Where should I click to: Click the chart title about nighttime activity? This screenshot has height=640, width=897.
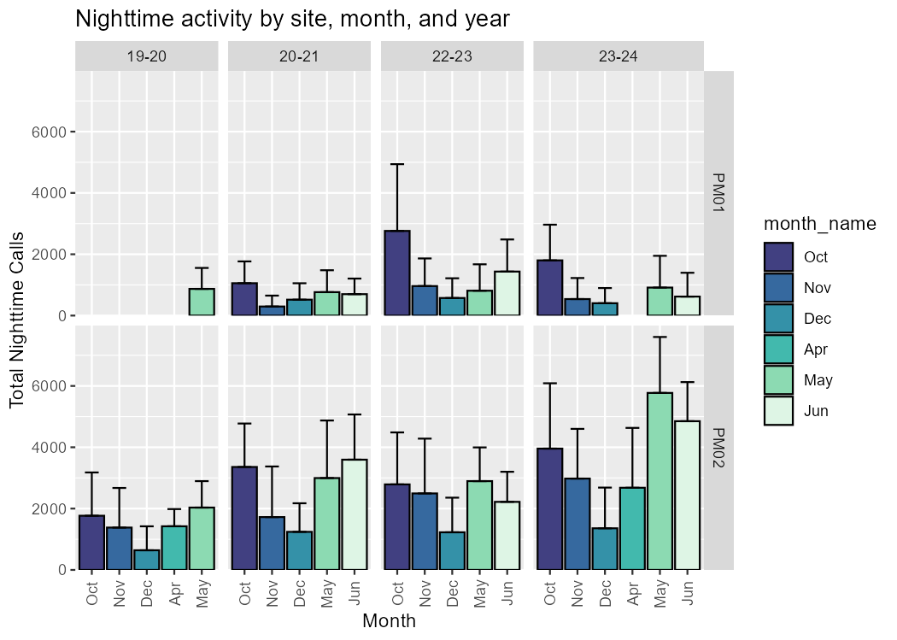[292, 19]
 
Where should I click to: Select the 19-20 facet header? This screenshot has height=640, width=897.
[147, 56]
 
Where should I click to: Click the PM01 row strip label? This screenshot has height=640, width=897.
[718, 193]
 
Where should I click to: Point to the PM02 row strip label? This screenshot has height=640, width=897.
[718, 447]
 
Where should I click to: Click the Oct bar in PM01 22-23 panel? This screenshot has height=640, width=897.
[397, 273]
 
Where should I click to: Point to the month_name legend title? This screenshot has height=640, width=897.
[819, 224]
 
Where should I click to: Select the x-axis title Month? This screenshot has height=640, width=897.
[389, 621]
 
